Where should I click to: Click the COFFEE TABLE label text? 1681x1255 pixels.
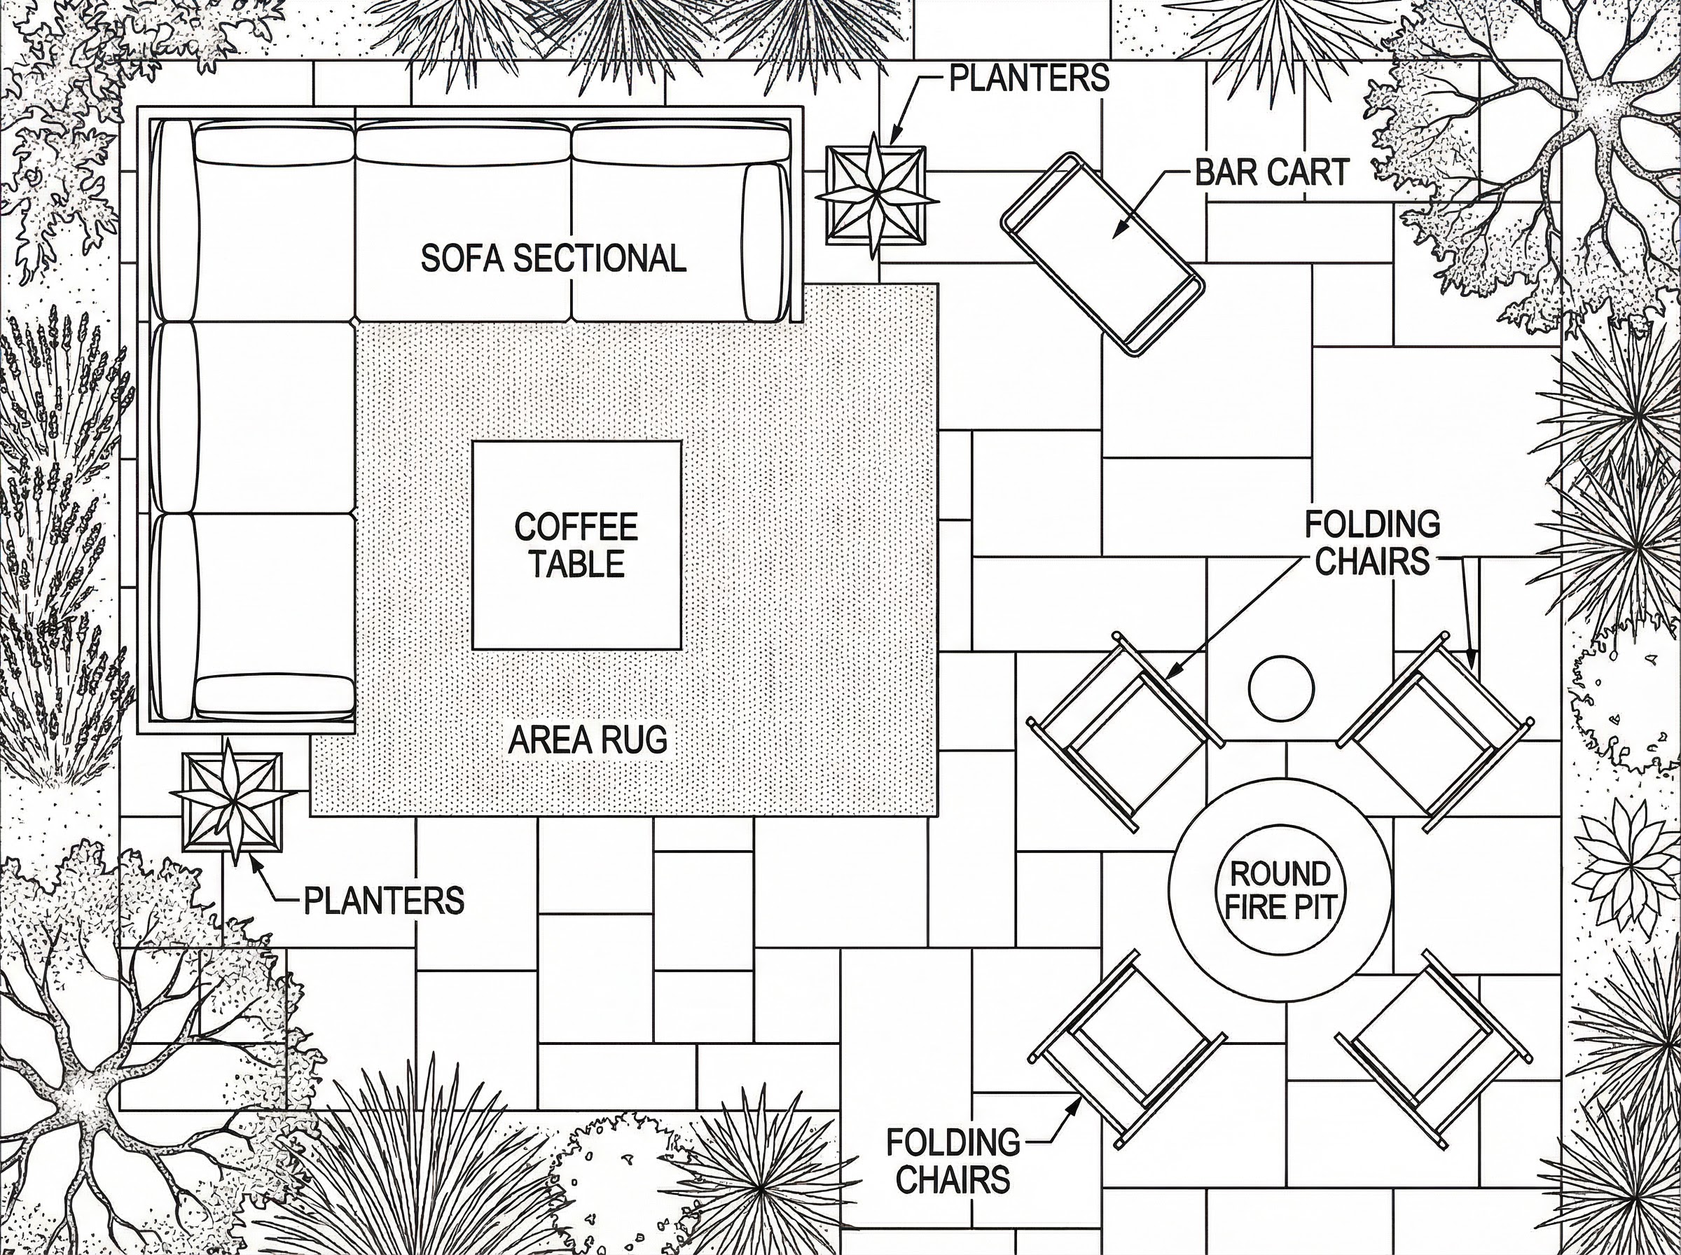pyautogui.click(x=576, y=546)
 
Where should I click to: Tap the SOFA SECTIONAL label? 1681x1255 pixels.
pyautogui.click(x=553, y=258)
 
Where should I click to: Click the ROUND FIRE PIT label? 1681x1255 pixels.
pyautogui.click(x=1280, y=890)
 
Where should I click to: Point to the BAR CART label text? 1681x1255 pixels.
pyautogui.click(x=1271, y=172)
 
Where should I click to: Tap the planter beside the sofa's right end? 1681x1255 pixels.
pyautogui.click(x=877, y=195)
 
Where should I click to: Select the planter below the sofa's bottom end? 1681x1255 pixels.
pyautogui.click(x=233, y=802)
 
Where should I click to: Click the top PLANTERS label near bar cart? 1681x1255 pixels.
pyautogui.click(x=1029, y=78)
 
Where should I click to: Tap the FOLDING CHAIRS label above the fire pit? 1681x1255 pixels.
pyautogui.click(x=1372, y=543)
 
